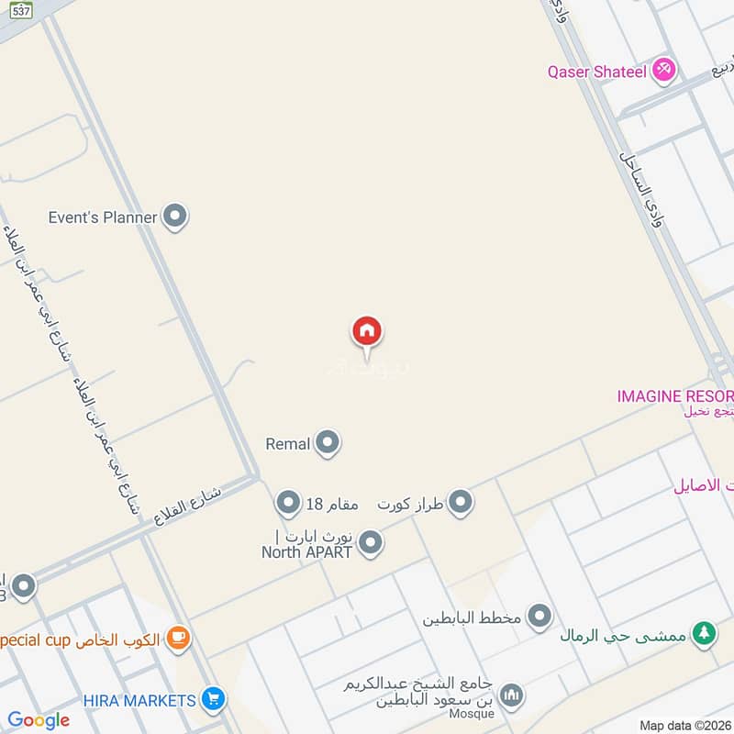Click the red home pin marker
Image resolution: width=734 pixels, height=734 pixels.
pos(367,331)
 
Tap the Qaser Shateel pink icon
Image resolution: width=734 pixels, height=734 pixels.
pos(663,70)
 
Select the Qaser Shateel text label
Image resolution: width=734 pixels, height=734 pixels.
pos(596,71)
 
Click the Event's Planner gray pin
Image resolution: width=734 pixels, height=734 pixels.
pos(174,217)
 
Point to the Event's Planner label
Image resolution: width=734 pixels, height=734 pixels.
pos(103,217)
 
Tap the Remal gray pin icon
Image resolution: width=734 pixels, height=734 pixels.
pos(327,444)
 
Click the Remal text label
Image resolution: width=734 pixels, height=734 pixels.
pos(288,444)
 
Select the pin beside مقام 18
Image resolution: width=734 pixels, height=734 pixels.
pos(288,503)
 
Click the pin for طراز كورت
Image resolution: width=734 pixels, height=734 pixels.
pos(461,503)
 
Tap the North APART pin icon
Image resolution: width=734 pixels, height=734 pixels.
pos(371,543)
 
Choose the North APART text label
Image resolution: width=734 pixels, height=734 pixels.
pos(307,551)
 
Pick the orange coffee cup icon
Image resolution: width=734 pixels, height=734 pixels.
pos(178,639)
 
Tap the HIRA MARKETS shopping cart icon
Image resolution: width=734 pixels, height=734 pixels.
pos(213,700)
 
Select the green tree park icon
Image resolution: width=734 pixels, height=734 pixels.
pos(704,634)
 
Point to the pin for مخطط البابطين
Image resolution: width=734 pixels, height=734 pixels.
pos(539,617)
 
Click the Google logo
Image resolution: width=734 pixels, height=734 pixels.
pos(39,720)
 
